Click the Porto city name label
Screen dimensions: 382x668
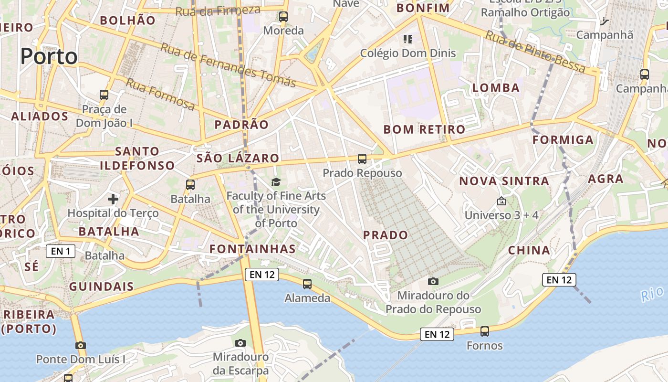[x=49, y=56]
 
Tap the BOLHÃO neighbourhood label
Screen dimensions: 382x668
[x=127, y=20]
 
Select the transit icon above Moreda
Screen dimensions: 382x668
[x=283, y=17]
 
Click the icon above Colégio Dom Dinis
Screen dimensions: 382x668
[x=408, y=39]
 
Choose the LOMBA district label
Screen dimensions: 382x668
[x=496, y=88]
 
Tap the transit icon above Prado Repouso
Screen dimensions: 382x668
[x=362, y=159]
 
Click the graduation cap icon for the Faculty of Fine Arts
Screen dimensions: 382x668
[x=276, y=181]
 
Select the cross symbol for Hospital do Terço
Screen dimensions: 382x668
[x=113, y=199]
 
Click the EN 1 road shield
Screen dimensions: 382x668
[x=61, y=251]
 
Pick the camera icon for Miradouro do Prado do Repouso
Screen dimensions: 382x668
[x=433, y=281]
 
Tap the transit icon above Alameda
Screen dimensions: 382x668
[x=307, y=284]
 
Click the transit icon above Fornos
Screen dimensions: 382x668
[x=485, y=331]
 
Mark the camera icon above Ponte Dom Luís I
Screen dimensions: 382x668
[x=81, y=345]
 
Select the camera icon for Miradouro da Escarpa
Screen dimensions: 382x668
[x=240, y=343]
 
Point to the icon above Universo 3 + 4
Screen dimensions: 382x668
[x=501, y=202]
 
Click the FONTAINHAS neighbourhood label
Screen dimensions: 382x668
[x=252, y=249]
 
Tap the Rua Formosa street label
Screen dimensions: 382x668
[x=160, y=94]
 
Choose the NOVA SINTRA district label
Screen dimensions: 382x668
[x=504, y=181]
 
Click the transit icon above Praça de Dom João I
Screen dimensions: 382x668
[x=104, y=95]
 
